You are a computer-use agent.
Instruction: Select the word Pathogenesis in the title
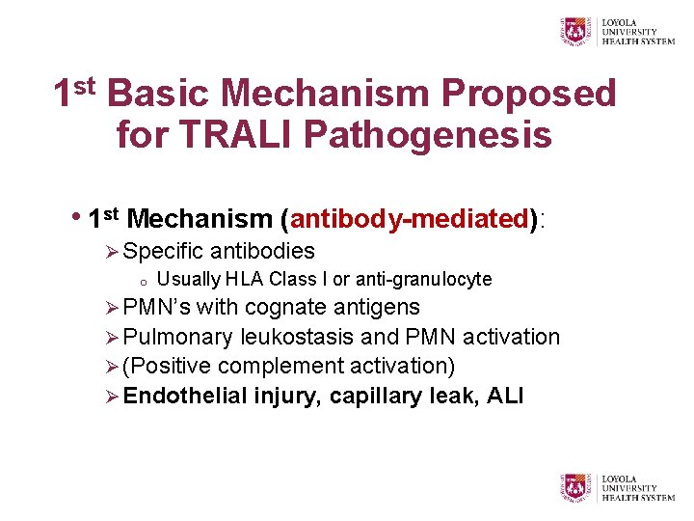point(428,134)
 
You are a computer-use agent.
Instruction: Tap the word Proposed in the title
point(528,94)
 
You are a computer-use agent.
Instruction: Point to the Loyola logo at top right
point(618,30)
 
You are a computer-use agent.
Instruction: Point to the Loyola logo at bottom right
point(618,487)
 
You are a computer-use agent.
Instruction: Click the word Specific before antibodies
point(164,251)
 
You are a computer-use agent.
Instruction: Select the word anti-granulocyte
point(424,280)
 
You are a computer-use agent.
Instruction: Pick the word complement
point(272,366)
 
